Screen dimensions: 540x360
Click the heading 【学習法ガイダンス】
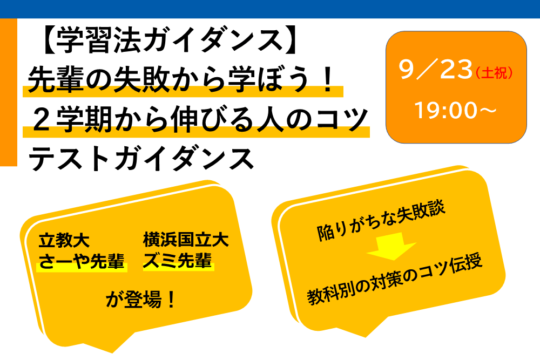(170, 40)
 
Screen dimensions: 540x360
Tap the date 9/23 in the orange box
(436, 69)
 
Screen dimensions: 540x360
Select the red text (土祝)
(494, 73)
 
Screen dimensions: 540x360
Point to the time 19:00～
(455, 110)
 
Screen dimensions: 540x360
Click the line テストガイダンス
(141, 159)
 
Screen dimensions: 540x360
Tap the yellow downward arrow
(391, 247)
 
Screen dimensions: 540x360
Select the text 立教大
(64, 240)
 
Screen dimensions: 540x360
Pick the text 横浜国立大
(186, 240)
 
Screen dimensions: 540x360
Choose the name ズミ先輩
(178, 261)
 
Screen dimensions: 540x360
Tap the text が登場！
(140, 299)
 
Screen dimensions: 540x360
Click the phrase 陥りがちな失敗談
(381, 221)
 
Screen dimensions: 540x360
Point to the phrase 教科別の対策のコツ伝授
(395, 280)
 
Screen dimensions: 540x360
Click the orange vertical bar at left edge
(8, 92)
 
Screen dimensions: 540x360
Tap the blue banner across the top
(270, 9)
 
